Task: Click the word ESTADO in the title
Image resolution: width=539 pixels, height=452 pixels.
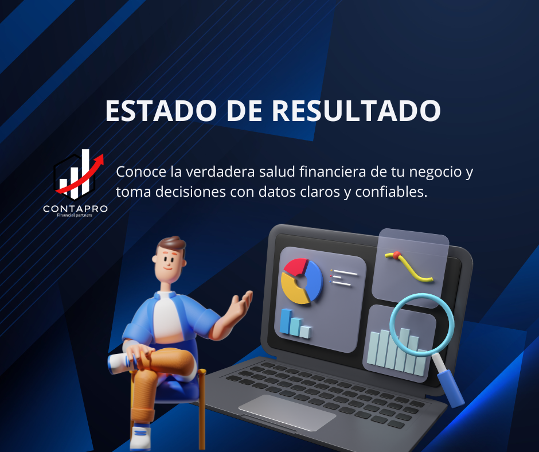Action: tap(161, 111)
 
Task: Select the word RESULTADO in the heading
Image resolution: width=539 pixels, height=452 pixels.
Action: tap(356, 111)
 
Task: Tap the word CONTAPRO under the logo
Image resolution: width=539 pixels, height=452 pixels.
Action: tap(75, 209)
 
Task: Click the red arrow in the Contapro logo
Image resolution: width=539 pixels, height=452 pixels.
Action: tap(81, 174)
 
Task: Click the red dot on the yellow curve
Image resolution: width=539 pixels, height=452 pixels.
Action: tap(397, 255)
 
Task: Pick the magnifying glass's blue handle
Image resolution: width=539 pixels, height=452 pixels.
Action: tap(451, 388)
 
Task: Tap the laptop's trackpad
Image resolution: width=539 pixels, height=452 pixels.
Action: tap(287, 412)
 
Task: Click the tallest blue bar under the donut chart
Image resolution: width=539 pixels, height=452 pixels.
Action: tap(286, 321)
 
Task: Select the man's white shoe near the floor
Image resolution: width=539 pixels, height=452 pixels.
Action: tap(140, 437)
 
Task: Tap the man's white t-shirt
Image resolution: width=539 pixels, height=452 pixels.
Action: tap(168, 318)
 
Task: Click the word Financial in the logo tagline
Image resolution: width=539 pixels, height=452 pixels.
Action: tap(65, 215)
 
